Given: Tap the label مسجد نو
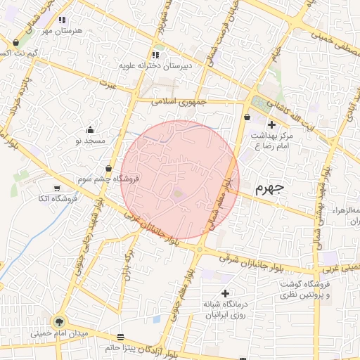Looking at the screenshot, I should click(x=90, y=141).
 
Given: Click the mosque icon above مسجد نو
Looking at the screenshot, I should click(x=90, y=130).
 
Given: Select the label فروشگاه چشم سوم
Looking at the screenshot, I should click(x=108, y=179).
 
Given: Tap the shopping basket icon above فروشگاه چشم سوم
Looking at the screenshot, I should click(x=108, y=169).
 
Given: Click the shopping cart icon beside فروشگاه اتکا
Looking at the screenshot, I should click(x=57, y=188).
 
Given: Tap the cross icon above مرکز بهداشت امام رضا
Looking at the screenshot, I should click(x=271, y=124).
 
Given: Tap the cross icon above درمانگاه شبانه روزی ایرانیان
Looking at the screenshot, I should click(x=225, y=293).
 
